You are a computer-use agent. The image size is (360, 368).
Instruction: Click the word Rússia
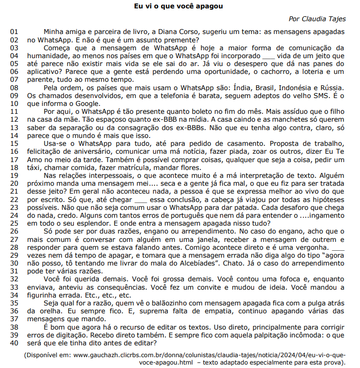(331, 87)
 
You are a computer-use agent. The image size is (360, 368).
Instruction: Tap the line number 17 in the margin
(14, 160)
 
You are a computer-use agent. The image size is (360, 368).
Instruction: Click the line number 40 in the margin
(14, 343)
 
